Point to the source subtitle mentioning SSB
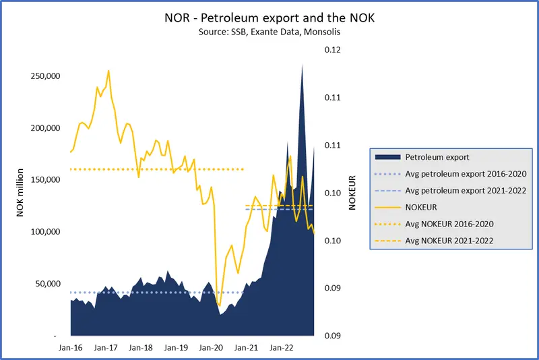[x=269, y=32]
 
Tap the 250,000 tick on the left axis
[x=46, y=76]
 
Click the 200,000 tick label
[x=46, y=128]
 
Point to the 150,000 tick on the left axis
[x=46, y=180]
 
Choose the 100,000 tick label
[x=46, y=232]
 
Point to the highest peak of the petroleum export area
[x=302, y=65]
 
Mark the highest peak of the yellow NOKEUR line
[x=108, y=70]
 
